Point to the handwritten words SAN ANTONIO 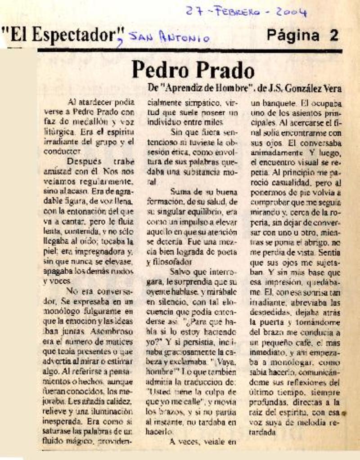tap(169, 38)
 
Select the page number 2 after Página tap(333, 36)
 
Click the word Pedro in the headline tap(162, 71)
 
